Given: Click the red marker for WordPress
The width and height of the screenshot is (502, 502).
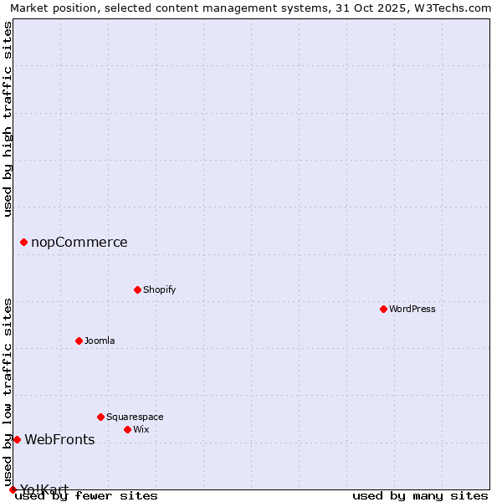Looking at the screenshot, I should [383, 309].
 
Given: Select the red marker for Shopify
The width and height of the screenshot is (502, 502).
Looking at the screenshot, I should [137, 289].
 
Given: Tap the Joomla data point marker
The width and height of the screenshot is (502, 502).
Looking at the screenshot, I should [79, 341].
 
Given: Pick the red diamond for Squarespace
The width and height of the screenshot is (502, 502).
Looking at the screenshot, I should [100, 417].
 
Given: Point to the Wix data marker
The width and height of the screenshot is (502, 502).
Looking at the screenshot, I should [127, 429].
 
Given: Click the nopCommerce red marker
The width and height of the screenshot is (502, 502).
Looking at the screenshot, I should [23, 243].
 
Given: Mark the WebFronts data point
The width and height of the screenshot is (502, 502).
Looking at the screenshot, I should [17, 439].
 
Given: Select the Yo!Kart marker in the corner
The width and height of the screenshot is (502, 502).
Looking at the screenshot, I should [13, 489].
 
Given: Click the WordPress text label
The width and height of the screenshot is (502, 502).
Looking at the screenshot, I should [412, 309].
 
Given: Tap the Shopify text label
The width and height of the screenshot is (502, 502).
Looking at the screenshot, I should [159, 289].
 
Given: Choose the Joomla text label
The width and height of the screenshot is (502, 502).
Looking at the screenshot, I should [100, 341].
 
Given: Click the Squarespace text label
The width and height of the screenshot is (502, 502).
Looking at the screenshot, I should [135, 417].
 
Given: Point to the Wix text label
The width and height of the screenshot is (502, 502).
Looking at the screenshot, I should [141, 429].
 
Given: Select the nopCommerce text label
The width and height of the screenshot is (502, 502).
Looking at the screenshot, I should [79, 243].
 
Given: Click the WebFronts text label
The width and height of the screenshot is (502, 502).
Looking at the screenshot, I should [59, 439].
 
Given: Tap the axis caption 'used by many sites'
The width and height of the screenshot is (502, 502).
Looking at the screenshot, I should [420, 495].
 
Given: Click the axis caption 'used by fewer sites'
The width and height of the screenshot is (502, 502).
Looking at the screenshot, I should [86, 495].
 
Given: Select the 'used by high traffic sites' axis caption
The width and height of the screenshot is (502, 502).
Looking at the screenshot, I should [8, 119].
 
